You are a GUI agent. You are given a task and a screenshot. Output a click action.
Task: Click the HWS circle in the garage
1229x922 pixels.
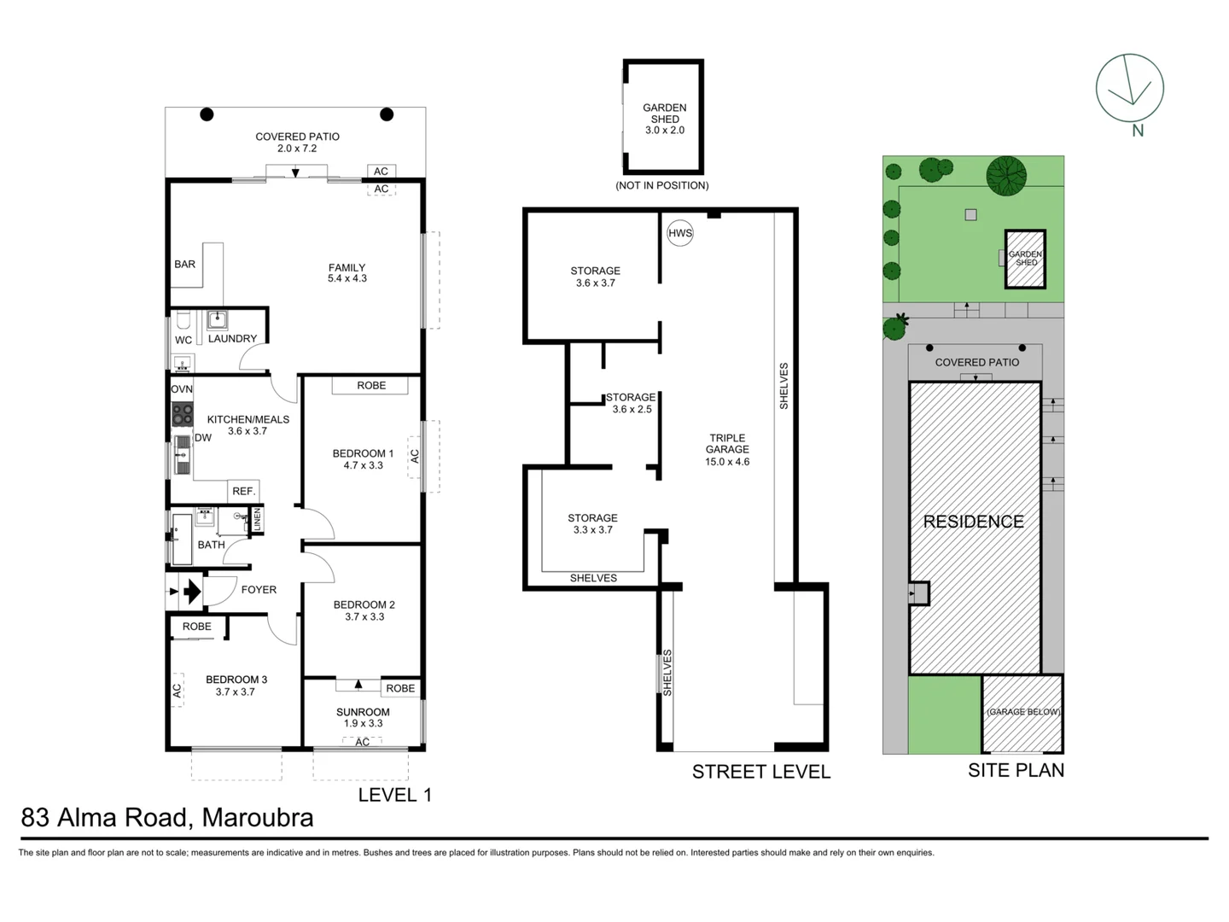point(680,233)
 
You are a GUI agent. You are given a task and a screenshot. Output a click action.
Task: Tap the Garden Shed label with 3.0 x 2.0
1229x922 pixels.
point(664,119)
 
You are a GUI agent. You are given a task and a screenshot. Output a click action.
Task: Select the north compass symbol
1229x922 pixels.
point(1129,89)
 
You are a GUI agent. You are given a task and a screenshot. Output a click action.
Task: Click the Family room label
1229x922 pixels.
point(347,273)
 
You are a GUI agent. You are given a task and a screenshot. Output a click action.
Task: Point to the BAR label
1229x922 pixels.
point(185,264)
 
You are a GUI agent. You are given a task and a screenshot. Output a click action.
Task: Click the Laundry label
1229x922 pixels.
point(232,338)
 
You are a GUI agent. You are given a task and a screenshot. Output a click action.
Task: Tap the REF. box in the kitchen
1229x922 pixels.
point(243,491)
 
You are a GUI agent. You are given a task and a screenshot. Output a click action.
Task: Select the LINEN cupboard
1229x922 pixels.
point(257,519)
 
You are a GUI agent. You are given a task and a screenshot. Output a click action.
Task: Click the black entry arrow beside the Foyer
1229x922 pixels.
point(192,591)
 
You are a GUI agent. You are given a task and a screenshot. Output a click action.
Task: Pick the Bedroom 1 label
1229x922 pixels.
point(363,459)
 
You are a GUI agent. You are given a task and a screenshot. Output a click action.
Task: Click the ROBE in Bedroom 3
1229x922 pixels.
point(197,627)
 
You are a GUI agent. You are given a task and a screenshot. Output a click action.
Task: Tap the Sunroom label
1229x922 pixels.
point(363,717)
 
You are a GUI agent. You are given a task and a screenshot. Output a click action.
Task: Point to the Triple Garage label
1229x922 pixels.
point(727,450)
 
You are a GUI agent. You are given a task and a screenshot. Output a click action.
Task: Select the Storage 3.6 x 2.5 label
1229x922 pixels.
point(631,403)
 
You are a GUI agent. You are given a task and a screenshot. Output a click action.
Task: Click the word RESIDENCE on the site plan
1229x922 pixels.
point(973,522)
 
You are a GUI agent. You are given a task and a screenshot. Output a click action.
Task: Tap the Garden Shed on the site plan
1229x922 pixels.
point(1025,259)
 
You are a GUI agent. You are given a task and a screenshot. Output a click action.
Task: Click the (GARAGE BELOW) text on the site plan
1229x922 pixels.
point(1022,712)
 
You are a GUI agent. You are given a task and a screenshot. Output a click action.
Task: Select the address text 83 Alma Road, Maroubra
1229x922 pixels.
point(167,818)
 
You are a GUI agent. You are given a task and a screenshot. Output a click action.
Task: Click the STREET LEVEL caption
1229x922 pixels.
point(760,772)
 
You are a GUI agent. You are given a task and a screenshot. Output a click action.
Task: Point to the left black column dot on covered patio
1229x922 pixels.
point(207,114)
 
